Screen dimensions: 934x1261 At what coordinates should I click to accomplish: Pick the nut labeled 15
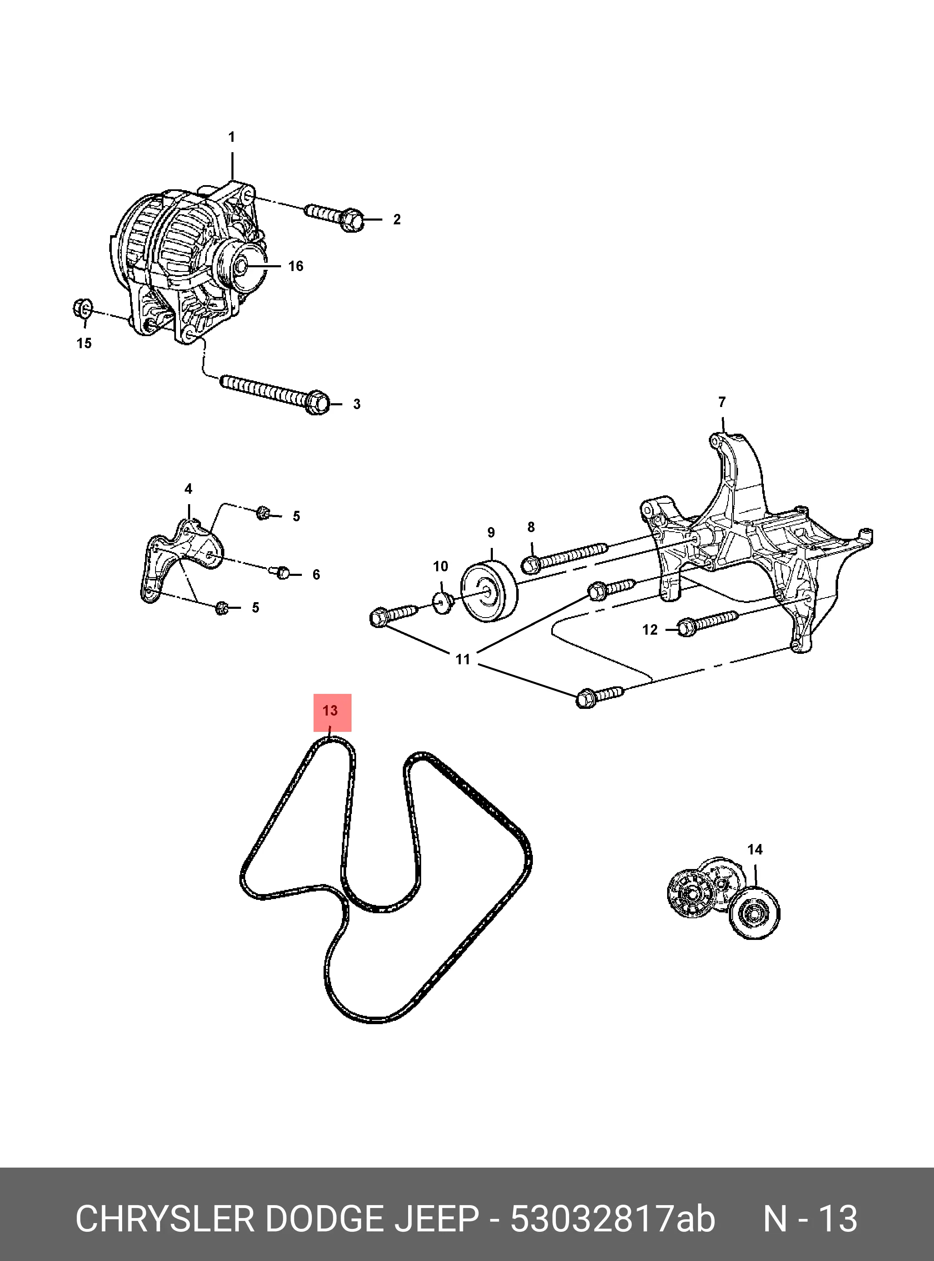pos(83,309)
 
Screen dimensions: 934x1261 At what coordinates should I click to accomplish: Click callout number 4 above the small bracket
pos(188,489)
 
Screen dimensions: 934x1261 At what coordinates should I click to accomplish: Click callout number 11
pos(462,659)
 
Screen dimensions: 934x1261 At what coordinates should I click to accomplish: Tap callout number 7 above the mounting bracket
pos(722,402)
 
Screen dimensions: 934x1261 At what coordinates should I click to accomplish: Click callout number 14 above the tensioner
pos(755,865)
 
